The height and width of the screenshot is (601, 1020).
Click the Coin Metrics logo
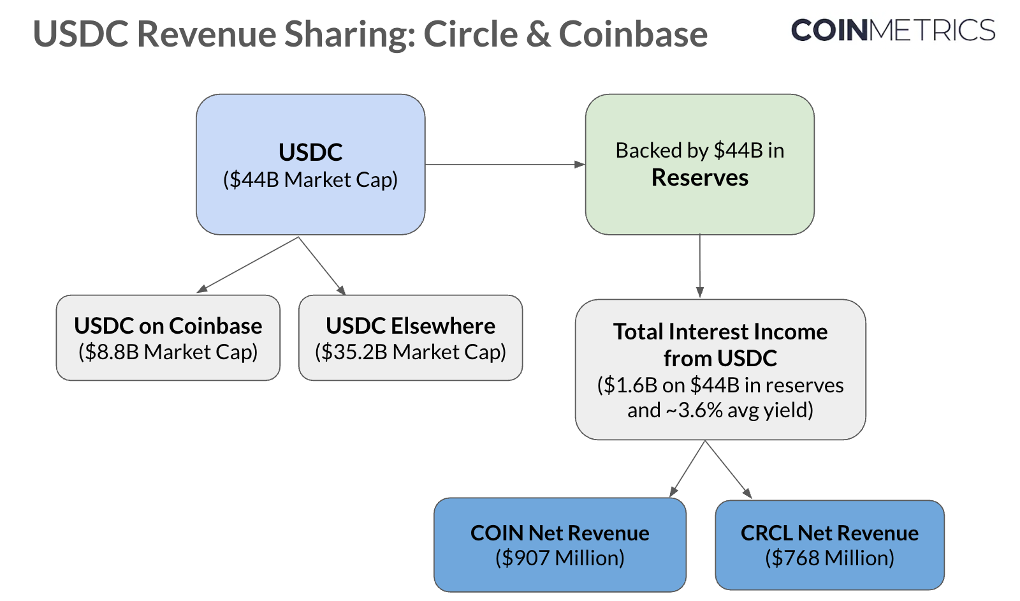892,31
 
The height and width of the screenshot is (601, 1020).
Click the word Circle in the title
470,34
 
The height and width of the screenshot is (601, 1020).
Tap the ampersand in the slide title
538,34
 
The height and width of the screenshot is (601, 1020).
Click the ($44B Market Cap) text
310,180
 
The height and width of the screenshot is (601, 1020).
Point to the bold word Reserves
700,177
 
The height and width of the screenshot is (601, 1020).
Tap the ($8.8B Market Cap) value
168,352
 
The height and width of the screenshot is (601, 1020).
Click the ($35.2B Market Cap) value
411,352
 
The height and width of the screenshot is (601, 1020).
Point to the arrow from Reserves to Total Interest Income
700,265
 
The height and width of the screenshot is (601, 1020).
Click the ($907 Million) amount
560,558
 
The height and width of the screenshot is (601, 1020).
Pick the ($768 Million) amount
829,558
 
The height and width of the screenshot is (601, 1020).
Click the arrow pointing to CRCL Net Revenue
728,469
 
